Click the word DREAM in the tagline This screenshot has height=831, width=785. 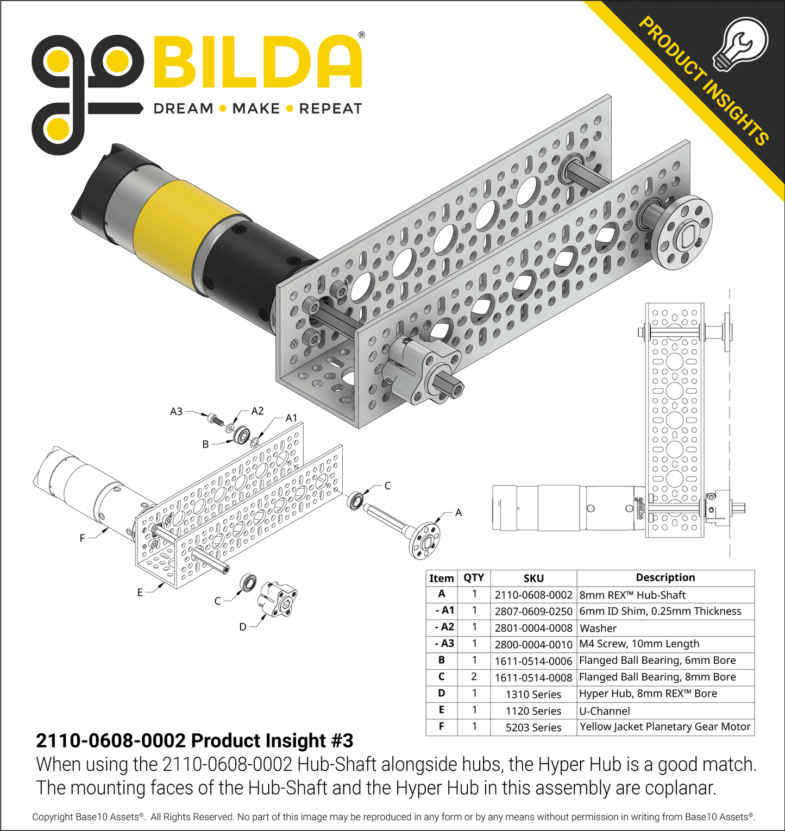[183, 109]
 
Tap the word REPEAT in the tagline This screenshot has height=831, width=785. [330, 109]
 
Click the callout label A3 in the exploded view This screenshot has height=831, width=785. [176, 412]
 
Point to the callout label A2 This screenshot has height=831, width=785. [258, 411]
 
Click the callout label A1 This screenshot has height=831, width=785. [292, 418]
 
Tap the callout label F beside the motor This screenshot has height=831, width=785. [82, 538]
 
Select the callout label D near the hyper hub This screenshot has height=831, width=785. [243, 627]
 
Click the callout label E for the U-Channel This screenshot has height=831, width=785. [140, 593]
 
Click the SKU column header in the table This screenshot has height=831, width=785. [533, 578]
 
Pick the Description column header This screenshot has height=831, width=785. [665, 577]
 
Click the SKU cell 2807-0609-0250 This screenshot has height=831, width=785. [533, 612]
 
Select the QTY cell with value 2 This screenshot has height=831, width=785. [474, 677]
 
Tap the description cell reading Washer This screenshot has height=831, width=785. [598, 628]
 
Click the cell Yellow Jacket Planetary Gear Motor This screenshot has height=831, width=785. [665, 727]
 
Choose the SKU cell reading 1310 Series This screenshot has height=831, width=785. [533, 694]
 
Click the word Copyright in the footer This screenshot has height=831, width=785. [52, 817]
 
